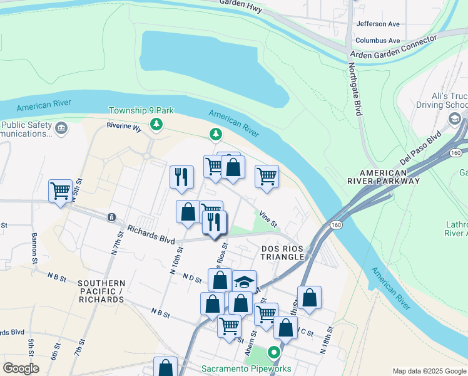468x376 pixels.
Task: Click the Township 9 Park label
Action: [141, 110]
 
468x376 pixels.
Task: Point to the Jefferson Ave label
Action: [377, 24]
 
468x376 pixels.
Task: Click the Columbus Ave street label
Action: [377, 40]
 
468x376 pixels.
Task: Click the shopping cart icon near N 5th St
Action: [61, 190]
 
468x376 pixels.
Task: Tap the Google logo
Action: [21, 368]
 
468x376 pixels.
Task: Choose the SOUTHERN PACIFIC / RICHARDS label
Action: [101, 291]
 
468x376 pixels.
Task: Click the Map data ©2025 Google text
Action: [429, 371]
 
